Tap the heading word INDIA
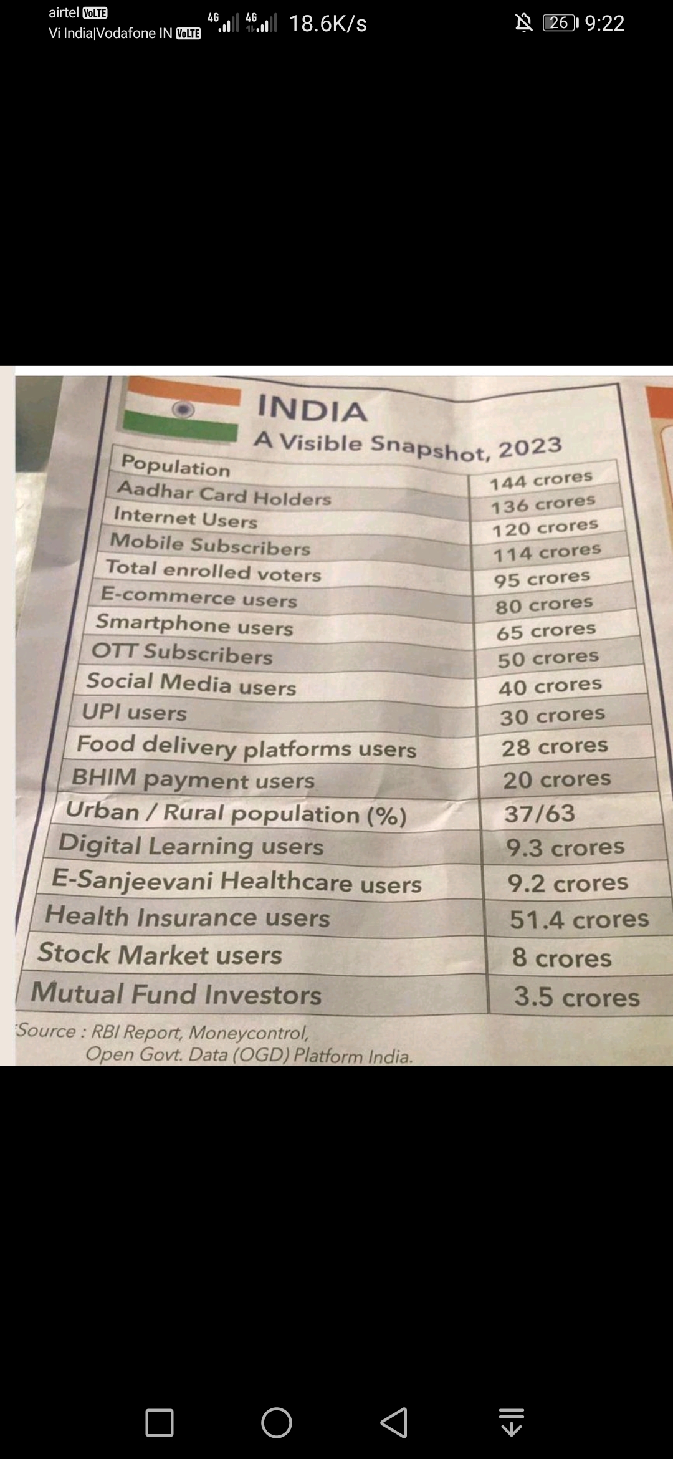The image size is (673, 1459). [x=312, y=410]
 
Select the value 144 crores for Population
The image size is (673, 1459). [x=541, y=479]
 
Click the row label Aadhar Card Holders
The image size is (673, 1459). [x=224, y=494]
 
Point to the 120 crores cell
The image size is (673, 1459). [x=545, y=527]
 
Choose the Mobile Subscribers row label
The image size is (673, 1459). [x=210, y=544]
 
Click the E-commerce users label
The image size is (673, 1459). [x=199, y=597]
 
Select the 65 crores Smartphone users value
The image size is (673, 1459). [x=546, y=631]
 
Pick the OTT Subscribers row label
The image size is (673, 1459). [x=182, y=653]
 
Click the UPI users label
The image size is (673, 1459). [x=134, y=711]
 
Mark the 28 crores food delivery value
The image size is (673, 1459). [x=555, y=746]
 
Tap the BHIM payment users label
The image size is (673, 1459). [x=193, y=779]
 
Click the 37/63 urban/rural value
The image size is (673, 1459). [x=540, y=813]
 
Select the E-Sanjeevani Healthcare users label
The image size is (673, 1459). [x=237, y=882]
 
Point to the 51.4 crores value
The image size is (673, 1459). [x=579, y=919]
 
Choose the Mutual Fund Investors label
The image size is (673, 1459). [x=176, y=993]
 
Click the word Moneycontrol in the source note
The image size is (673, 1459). [x=249, y=1033]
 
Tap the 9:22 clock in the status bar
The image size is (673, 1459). [x=604, y=23]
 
